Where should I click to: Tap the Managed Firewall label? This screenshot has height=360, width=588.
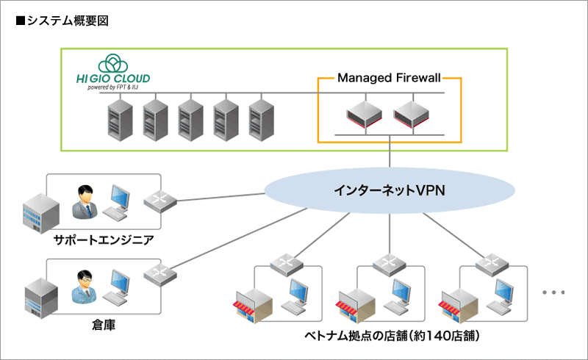390,77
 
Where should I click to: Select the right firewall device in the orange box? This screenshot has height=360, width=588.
411,113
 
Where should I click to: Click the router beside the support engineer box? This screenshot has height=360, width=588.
157,201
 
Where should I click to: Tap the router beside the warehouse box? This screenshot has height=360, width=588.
157,273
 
